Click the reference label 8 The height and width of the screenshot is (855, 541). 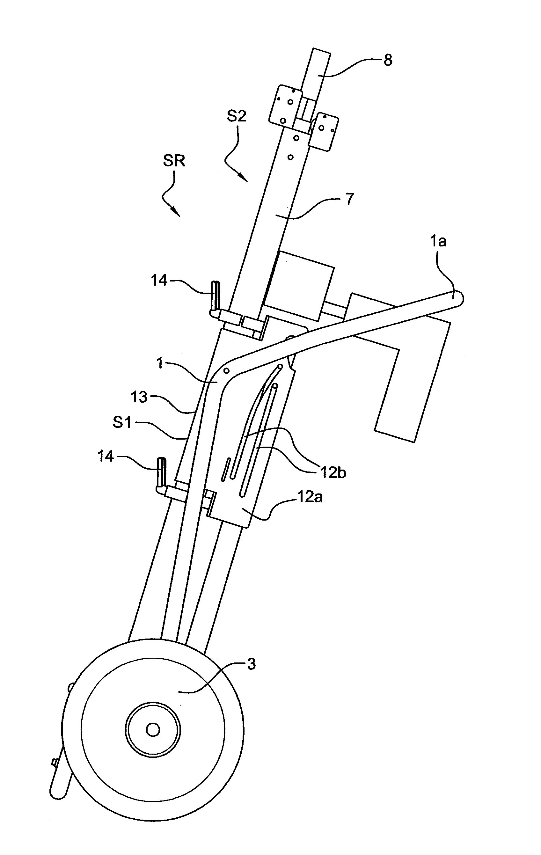[x=388, y=60]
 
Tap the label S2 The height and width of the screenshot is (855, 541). [x=237, y=116]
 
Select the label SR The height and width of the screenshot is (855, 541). [x=174, y=161]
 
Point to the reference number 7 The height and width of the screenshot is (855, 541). [x=350, y=199]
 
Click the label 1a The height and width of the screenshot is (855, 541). [x=438, y=241]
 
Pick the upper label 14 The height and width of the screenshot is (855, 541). [x=159, y=281]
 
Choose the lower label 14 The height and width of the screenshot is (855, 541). [x=106, y=456]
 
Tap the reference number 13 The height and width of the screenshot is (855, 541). [x=139, y=397]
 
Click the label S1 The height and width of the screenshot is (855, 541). [x=122, y=422]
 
